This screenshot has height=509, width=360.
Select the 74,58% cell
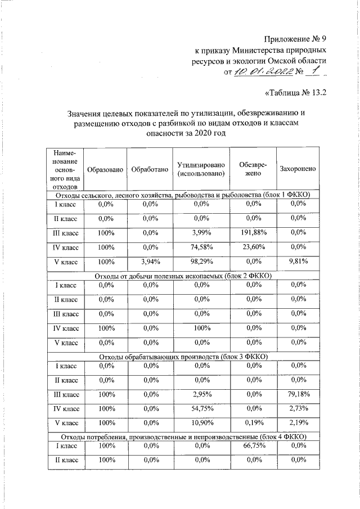tap(201, 246)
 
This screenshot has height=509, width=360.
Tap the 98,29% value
tap(201, 262)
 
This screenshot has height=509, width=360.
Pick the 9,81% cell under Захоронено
tap(298, 262)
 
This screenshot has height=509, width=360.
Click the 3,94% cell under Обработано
tap(149, 262)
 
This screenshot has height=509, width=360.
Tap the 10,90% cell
tap(201, 422)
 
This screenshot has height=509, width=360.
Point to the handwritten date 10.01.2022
tap(263, 72)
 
